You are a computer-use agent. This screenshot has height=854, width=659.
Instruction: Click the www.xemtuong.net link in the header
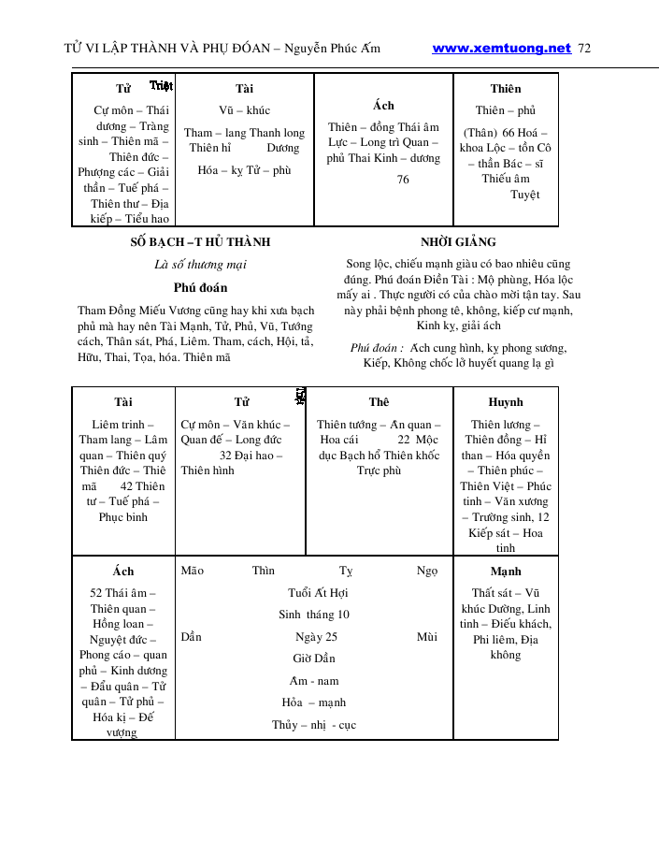click(x=501, y=49)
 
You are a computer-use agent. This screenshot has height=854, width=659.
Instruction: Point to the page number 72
click(x=585, y=49)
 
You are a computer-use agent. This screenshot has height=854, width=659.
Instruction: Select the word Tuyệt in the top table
click(x=524, y=195)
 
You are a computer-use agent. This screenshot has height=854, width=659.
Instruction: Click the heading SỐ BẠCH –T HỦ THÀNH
click(x=200, y=242)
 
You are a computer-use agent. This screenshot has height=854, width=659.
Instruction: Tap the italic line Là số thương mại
click(x=200, y=265)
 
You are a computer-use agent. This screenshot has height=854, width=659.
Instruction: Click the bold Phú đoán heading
click(x=200, y=288)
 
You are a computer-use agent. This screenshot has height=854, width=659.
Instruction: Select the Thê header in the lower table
click(x=379, y=402)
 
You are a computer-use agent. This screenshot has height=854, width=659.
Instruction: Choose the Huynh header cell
click(x=506, y=402)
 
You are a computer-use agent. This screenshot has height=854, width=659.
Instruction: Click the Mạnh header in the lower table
click(x=506, y=571)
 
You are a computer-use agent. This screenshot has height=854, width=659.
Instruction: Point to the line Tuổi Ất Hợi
click(x=318, y=593)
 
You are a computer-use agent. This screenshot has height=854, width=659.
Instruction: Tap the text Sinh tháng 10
click(x=314, y=615)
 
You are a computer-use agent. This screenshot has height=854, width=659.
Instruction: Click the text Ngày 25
click(x=316, y=637)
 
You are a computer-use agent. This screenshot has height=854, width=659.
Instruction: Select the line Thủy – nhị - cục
click(x=314, y=725)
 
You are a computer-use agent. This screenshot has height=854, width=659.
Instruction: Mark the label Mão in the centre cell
click(x=193, y=571)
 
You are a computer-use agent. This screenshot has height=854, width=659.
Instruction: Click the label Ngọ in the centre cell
click(x=426, y=571)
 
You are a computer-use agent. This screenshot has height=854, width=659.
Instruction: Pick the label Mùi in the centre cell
click(x=427, y=637)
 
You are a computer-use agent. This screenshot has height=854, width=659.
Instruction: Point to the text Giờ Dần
click(x=314, y=659)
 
